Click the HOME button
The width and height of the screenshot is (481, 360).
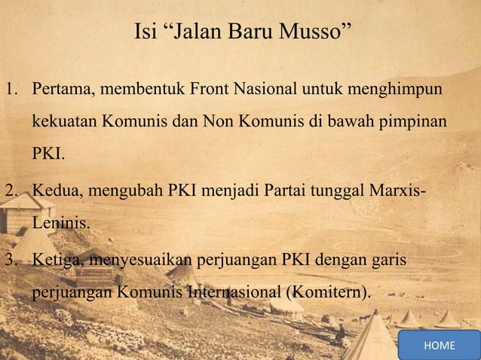pyautogui.click(x=440, y=345)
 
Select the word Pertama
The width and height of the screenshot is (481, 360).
pyautogui.click(x=60, y=91)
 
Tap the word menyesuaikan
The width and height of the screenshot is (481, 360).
pyautogui.click(x=140, y=261)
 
